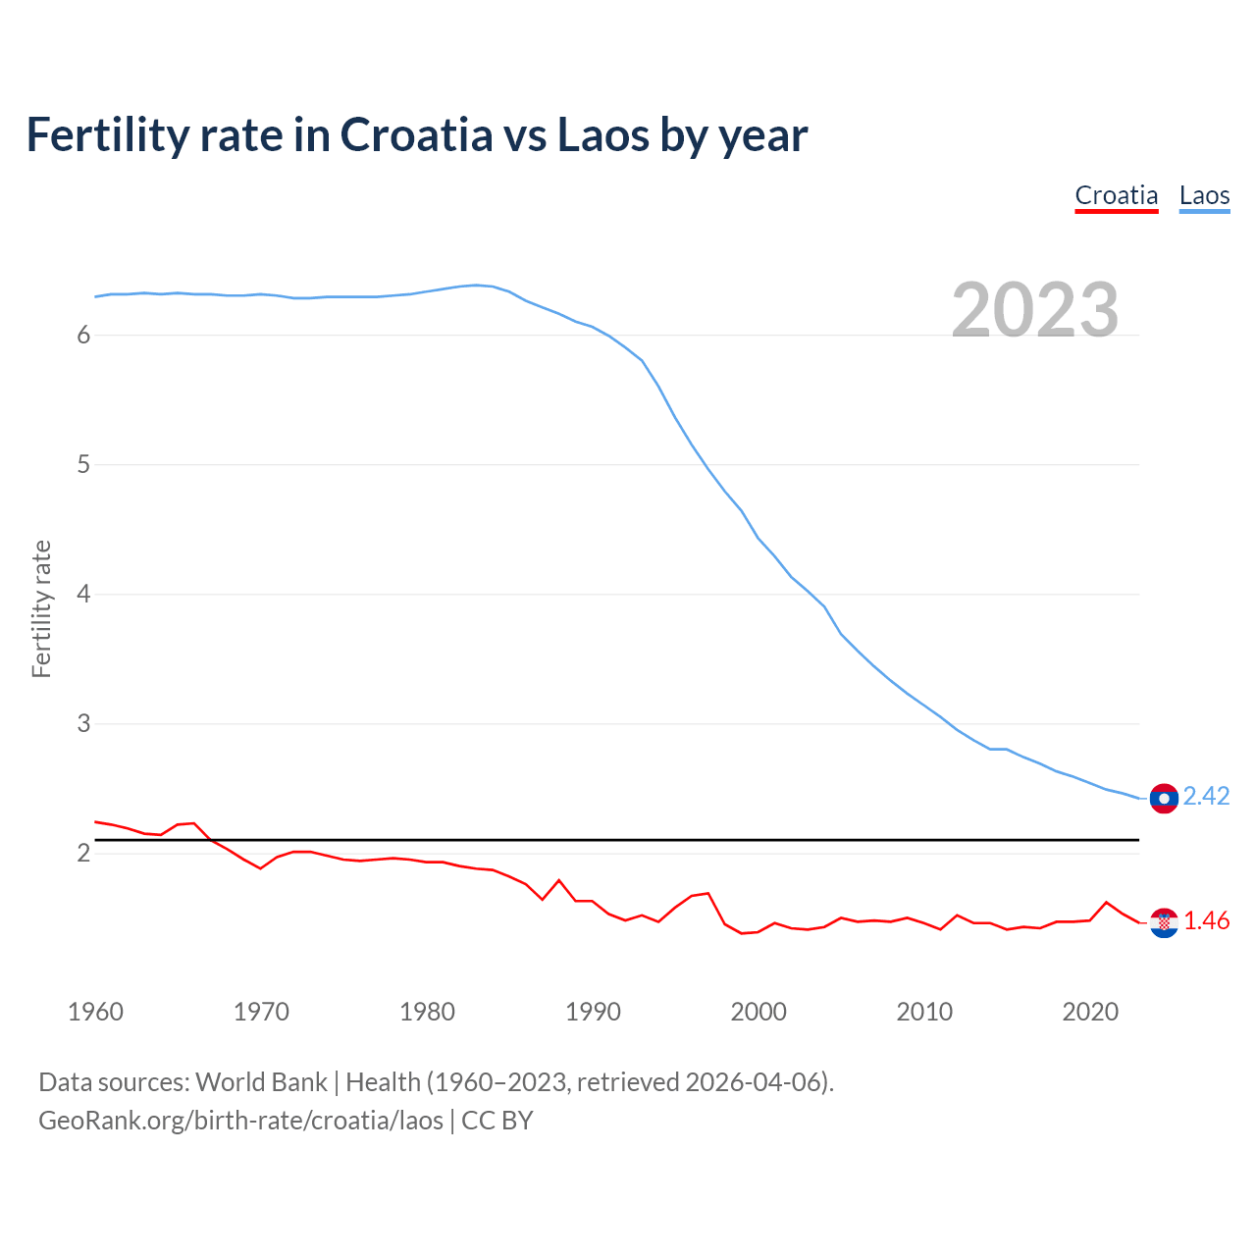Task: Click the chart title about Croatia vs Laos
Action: coord(417,135)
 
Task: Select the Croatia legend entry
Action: coord(1117,195)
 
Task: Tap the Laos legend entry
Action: coord(1204,195)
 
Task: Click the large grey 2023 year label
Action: coord(1035,310)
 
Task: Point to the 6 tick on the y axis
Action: coord(83,336)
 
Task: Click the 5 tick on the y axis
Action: coord(83,465)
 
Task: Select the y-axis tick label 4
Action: coord(83,595)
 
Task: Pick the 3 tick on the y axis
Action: coord(83,724)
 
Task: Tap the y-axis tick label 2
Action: coord(83,854)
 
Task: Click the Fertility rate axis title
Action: coord(41,608)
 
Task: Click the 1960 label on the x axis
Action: coord(95,1012)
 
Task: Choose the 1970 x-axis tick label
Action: coord(261,1012)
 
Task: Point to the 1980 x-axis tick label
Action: coord(427,1012)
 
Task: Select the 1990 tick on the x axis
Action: coord(593,1012)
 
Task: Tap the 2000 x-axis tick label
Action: coord(759,1012)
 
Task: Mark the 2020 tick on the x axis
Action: coord(1090,1012)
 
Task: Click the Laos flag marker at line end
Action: coord(1164,799)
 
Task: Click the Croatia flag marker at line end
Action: coord(1164,922)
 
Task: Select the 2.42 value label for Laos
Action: coord(1206,797)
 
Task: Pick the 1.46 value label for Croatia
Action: coord(1206,921)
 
